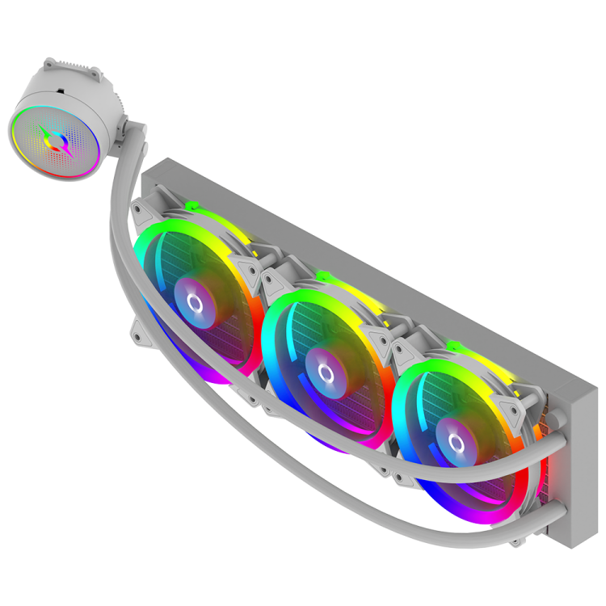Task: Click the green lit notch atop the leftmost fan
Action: [189, 207]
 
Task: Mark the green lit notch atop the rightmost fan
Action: [451, 346]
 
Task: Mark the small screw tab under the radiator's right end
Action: [517, 537]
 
